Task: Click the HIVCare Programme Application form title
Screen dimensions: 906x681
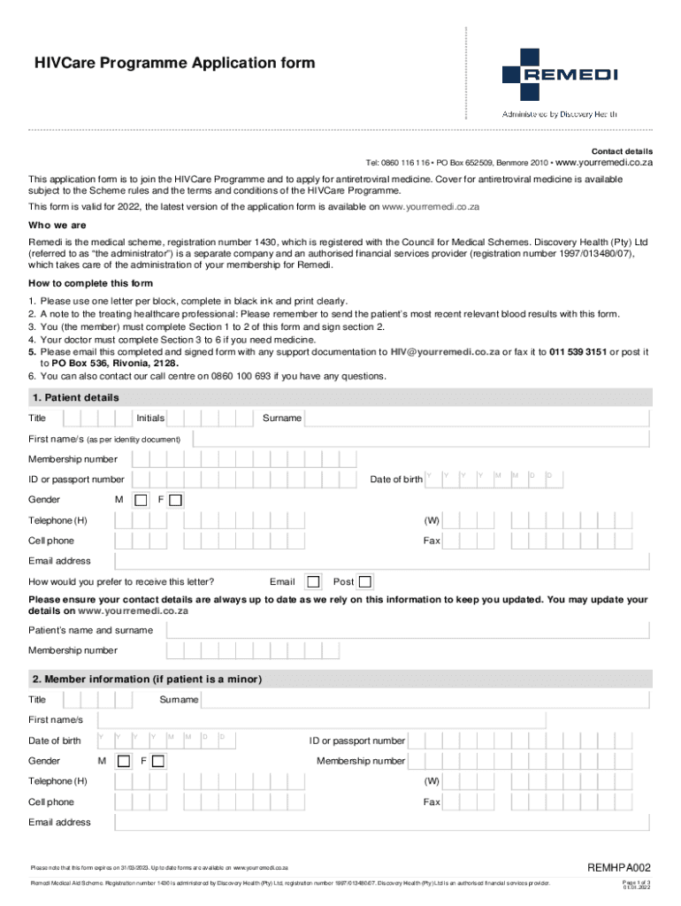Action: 174,63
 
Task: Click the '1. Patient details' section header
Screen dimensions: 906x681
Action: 75,397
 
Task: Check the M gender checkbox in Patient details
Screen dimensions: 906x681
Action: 140,500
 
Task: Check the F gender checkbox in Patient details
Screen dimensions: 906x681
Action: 175,500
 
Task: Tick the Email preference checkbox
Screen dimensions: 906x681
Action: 313,581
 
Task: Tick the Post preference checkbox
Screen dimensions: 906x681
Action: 365,581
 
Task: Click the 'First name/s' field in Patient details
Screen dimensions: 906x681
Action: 421,439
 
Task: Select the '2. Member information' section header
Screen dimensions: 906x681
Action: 147,679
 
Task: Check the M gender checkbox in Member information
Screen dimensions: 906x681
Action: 124,761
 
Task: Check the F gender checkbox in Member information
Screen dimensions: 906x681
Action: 159,761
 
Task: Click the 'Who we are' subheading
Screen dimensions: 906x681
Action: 57,225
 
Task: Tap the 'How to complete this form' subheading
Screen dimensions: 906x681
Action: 90,283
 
